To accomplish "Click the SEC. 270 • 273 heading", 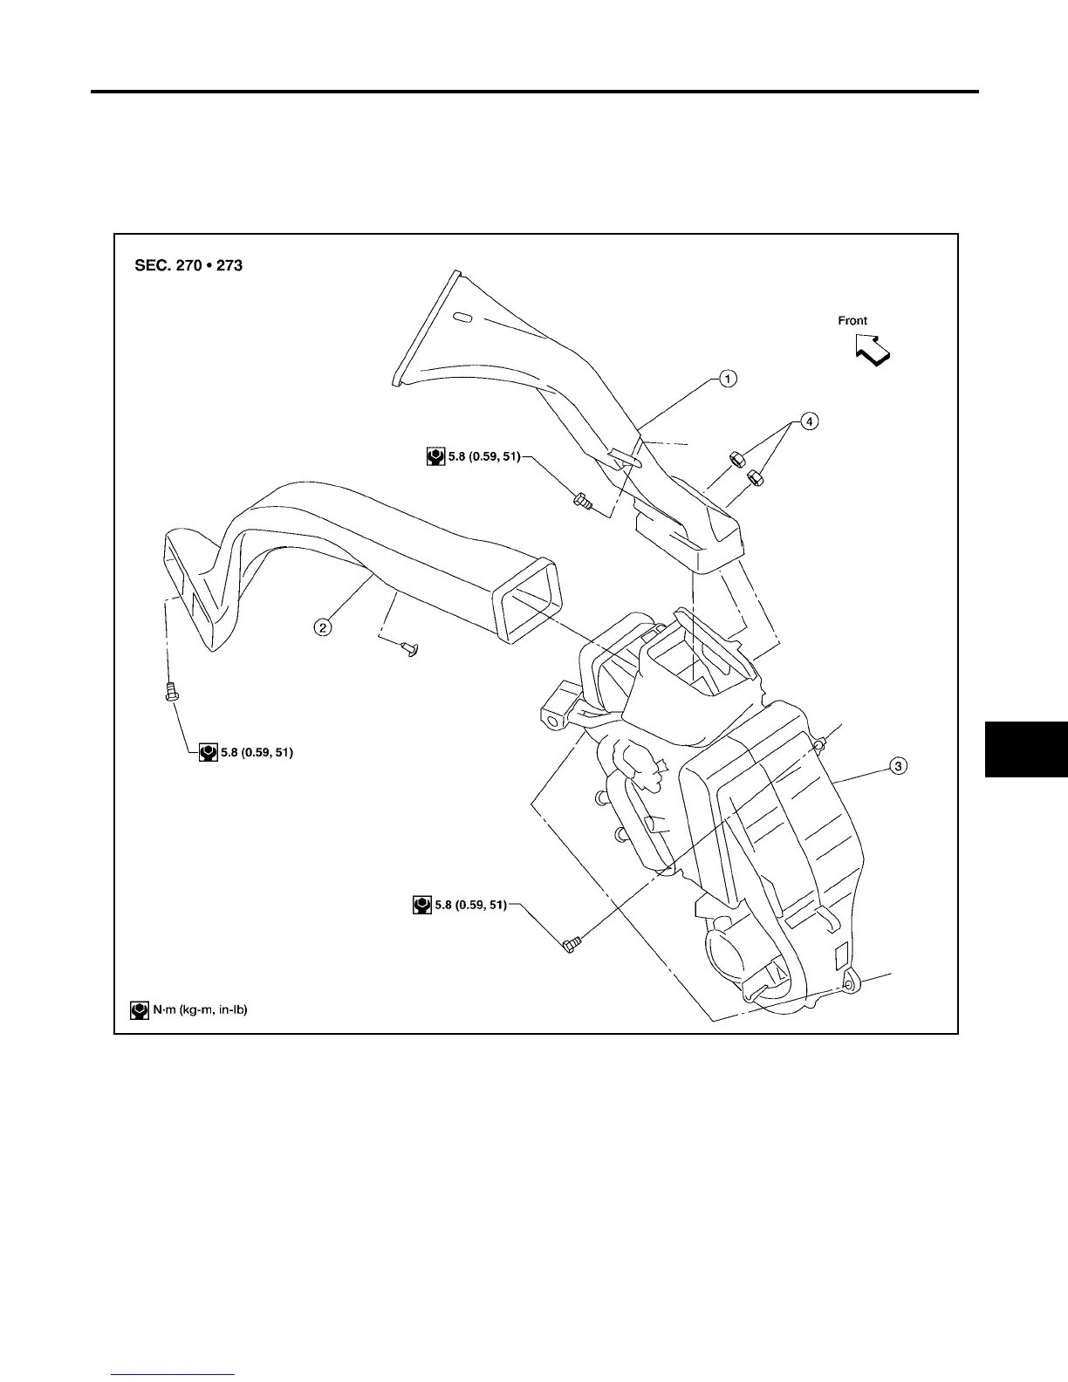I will coord(188,265).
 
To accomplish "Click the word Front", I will coord(852,320).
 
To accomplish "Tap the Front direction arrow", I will coord(873,349).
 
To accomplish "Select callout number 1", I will coord(727,379).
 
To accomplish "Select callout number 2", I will coord(323,626).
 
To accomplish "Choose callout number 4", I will coord(811,421).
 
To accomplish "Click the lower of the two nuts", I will coord(756,477).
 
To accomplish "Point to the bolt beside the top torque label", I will coord(582,502).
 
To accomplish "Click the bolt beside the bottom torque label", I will coord(572,943).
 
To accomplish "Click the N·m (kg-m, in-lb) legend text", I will coord(200,1009).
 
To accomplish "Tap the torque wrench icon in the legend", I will coord(138,1009).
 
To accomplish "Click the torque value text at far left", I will coord(257,751).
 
